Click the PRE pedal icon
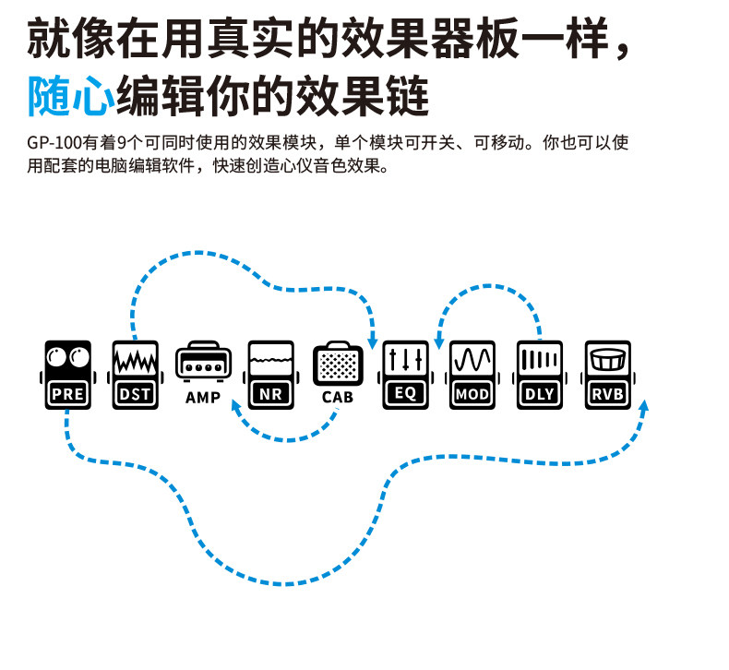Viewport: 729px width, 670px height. (x=67, y=375)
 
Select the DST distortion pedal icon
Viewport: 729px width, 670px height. (x=135, y=375)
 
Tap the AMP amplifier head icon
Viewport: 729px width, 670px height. (x=202, y=363)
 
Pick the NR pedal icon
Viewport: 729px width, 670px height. (x=270, y=375)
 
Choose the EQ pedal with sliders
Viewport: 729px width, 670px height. (x=405, y=375)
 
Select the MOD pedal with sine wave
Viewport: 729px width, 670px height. (x=472, y=375)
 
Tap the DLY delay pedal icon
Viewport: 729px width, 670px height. (x=540, y=375)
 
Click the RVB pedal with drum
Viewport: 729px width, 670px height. (x=607, y=375)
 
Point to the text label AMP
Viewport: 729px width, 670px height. (x=202, y=398)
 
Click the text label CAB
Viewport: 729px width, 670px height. (x=337, y=398)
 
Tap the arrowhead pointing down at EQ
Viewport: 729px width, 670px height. (x=373, y=341)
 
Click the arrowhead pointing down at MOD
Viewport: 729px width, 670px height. (x=439, y=342)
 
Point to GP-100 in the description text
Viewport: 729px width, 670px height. (x=54, y=145)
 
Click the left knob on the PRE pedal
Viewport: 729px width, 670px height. (x=57, y=355)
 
